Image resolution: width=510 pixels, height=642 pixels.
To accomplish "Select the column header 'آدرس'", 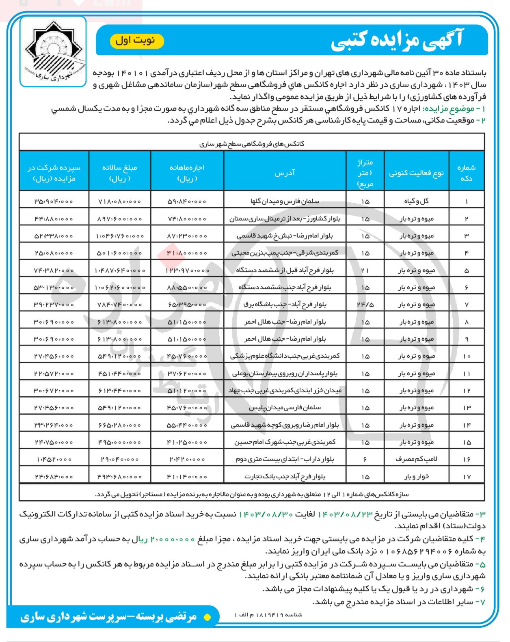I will tap(285, 173).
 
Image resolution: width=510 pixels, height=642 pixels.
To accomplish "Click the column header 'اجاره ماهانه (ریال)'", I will tap(187, 173).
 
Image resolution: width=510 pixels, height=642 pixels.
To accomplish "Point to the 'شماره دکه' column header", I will tap(466, 173).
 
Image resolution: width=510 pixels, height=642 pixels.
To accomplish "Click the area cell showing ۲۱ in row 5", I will tap(365, 270).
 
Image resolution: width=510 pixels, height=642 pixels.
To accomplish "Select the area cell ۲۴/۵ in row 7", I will tap(365, 305).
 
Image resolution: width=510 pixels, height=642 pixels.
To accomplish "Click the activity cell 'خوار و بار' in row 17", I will tap(416, 477).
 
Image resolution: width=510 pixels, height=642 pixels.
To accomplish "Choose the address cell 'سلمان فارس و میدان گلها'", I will tap(285, 201).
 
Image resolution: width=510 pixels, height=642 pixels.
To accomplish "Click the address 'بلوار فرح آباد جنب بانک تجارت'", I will tap(285, 477).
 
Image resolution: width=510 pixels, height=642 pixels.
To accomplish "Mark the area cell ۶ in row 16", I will tap(365, 459).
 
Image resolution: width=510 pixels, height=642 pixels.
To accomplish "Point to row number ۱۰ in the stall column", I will tap(466, 356).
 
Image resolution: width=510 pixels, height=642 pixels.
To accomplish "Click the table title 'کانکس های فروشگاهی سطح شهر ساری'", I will tap(252, 144).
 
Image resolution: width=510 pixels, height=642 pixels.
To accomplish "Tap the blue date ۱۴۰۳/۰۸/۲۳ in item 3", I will tap(345, 514).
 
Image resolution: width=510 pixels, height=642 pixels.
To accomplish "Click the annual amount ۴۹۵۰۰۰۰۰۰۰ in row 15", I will tap(120, 442).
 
